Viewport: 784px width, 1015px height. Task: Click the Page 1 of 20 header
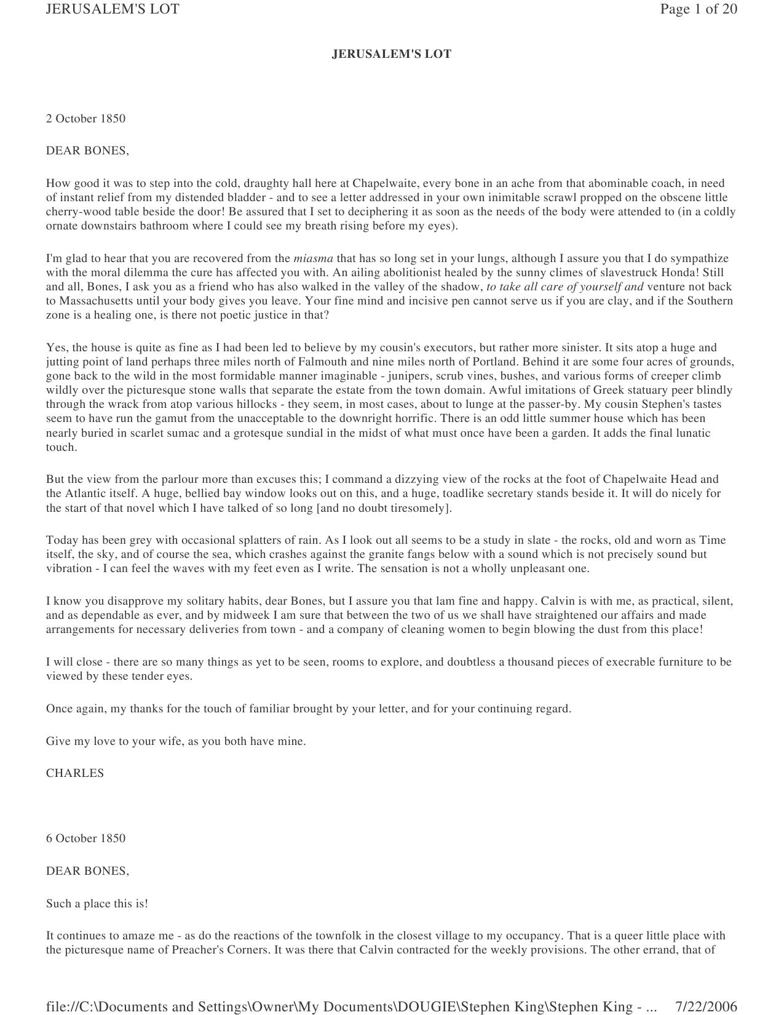[699, 9]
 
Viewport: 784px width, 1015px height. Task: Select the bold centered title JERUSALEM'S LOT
[392, 54]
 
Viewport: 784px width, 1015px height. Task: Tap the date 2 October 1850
[85, 119]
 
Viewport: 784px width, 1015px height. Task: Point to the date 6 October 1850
[85, 838]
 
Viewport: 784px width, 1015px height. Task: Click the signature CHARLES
[75, 773]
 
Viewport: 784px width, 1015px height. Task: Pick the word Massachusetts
[102, 301]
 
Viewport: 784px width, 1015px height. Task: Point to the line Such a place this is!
[97, 904]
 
